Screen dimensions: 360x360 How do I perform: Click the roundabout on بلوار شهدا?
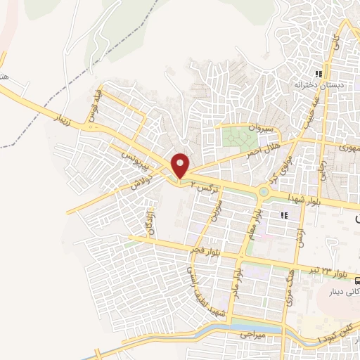pos(262,192)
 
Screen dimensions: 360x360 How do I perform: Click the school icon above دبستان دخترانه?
pos(319,74)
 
